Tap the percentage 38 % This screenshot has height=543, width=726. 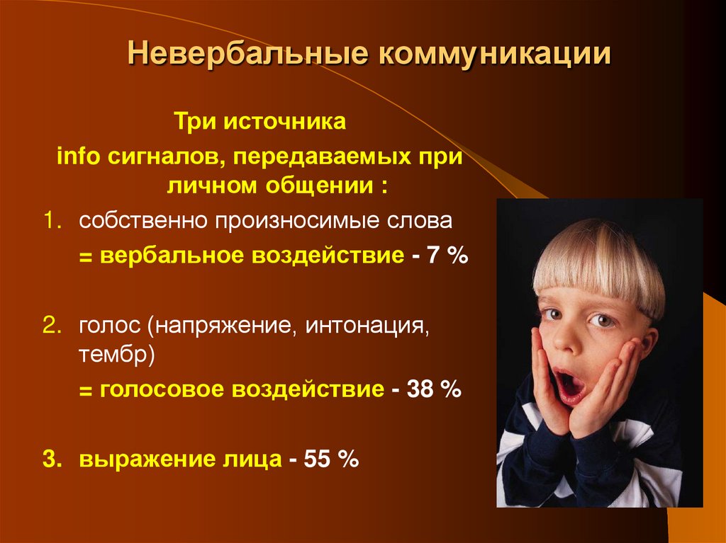[434, 389]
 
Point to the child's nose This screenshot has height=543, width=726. [571, 345]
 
